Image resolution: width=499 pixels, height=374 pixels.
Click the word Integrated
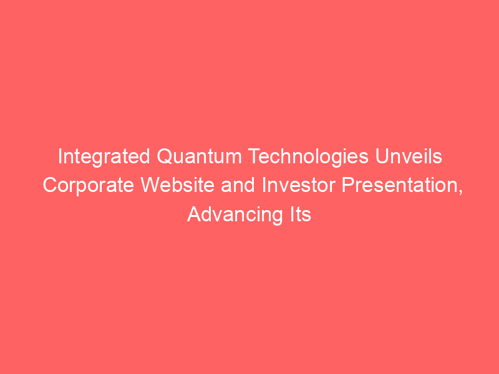[x=104, y=157]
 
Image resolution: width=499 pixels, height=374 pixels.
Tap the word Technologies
[x=308, y=157]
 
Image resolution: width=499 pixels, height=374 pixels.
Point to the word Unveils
[x=409, y=156]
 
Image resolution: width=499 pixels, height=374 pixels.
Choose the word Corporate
[x=89, y=186]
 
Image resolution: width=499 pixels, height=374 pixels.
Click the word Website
[x=178, y=185]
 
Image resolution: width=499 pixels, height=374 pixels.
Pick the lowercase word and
[x=238, y=185]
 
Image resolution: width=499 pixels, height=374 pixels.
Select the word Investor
[x=299, y=185]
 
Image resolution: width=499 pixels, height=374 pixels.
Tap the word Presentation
[x=400, y=185]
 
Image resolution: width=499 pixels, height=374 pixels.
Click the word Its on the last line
[x=300, y=214]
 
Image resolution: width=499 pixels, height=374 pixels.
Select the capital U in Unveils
[x=382, y=156]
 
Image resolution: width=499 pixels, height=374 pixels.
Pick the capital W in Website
[x=151, y=185]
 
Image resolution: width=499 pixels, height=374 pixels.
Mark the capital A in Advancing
[x=195, y=214]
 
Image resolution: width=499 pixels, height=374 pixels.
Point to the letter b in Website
[x=177, y=185]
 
